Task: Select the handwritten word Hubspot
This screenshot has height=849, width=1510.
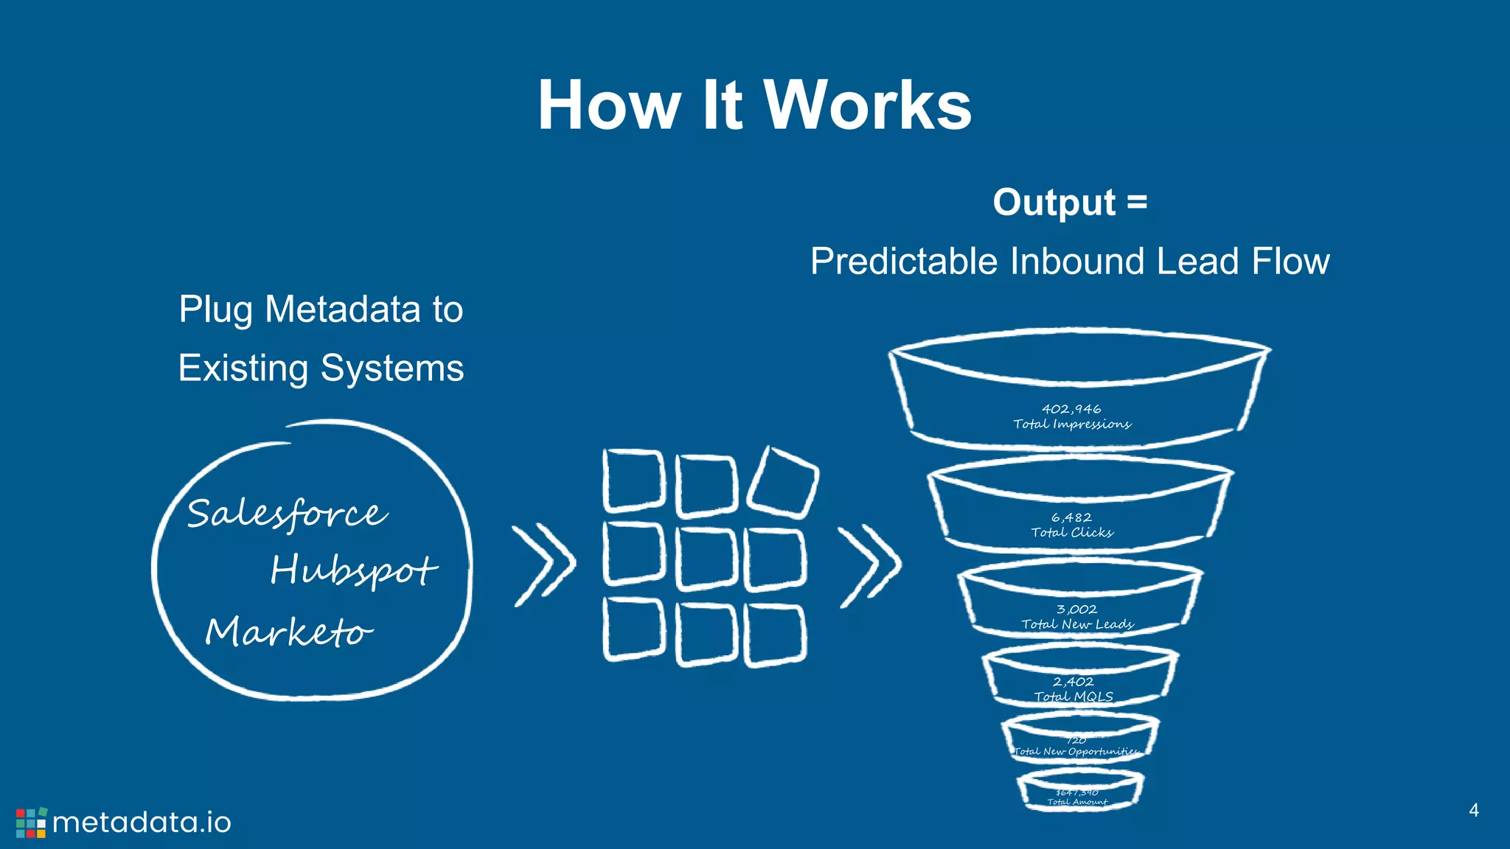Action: coord(353,570)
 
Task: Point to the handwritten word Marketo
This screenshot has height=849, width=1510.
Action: coord(288,632)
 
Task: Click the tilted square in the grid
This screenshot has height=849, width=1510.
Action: coord(782,482)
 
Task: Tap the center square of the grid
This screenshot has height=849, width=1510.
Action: coord(706,558)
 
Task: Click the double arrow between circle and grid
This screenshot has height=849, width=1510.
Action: coord(544,565)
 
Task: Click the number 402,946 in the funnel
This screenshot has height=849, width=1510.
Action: coord(1071,409)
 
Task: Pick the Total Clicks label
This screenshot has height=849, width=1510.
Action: coord(1071,532)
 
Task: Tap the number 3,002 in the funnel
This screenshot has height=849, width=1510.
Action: coord(1076,609)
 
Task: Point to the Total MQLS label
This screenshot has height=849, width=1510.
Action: coord(1073,696)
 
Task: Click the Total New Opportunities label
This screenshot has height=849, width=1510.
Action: coord(1076,752)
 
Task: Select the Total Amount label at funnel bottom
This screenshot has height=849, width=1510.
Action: coord(1077,802)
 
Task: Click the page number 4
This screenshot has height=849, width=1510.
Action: coord(1473,810)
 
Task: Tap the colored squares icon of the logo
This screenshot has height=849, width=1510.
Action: coord(31,822)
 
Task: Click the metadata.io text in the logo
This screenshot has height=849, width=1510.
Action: coord(142,822)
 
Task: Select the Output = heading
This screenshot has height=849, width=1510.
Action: coord(1070,202)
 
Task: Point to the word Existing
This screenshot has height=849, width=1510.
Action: coord(243,368)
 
